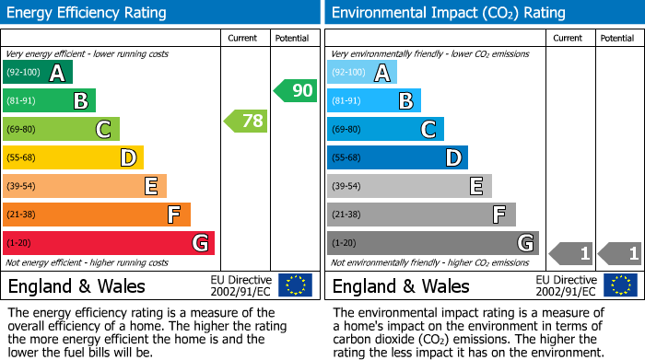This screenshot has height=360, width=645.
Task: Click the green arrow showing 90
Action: coord(294,90)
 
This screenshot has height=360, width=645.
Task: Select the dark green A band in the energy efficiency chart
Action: coord(37,73)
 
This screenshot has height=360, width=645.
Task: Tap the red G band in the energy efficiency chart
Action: coord(108,243)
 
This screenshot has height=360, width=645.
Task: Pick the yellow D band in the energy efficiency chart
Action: coord(73,158)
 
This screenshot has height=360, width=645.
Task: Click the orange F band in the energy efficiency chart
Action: coord(97,215)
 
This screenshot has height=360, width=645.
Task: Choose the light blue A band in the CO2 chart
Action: coord(362,73)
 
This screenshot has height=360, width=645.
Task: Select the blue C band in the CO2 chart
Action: coord(385,130)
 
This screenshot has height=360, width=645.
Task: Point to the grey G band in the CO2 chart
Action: coord(432,243)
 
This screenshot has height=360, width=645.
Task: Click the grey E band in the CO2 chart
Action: coord(409,186)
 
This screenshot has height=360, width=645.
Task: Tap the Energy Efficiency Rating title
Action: coord(88,13)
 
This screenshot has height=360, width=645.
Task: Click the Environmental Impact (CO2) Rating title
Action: coord(448,13)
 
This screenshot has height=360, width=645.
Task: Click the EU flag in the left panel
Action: coord(295,285)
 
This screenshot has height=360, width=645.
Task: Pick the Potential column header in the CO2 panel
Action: coord(616,38)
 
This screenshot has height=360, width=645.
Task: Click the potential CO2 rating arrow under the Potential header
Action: coord(620,253)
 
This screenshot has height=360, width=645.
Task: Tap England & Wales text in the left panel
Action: coord(76,285)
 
